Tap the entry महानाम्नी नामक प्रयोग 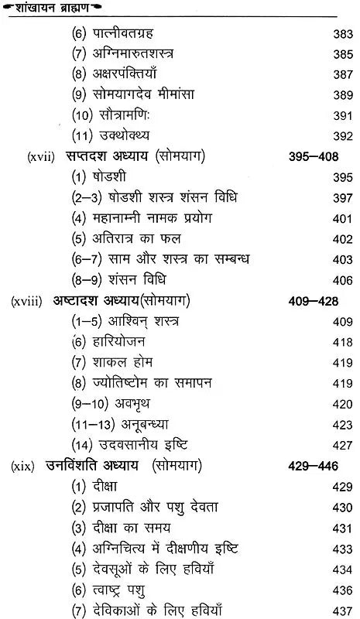pyautogui.click(x=152, y=217)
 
